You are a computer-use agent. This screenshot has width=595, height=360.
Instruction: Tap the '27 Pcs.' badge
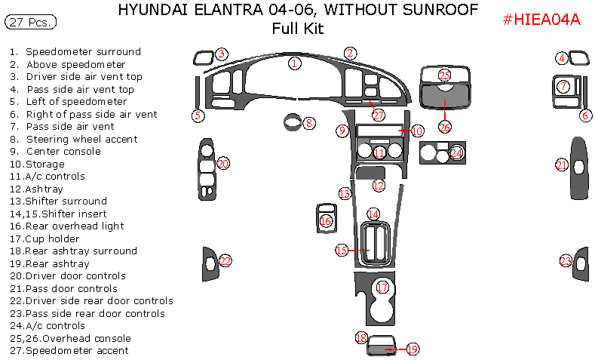click(30, 23)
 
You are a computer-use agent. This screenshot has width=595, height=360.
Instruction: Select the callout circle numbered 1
click(295, 63)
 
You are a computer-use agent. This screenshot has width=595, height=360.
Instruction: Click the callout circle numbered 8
click(309, 122)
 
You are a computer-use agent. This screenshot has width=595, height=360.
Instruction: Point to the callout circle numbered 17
click(382, 288)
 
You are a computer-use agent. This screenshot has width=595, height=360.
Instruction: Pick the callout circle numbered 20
click(222, 163)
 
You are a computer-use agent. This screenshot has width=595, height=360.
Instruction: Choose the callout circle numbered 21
click(561, 165)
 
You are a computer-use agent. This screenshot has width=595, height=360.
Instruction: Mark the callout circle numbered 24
click(456, 152)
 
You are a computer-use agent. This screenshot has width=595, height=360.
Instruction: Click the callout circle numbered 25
click(444, 75)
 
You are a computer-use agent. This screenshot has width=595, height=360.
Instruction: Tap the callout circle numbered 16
click(326, 221)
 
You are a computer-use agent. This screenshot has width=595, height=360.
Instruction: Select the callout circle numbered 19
click(412, 349)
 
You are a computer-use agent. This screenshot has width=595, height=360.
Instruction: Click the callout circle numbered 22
click(225, 261)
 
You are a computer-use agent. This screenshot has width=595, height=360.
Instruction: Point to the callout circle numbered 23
click(566, 261)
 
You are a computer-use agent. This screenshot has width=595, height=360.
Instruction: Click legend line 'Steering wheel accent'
click(81, 139)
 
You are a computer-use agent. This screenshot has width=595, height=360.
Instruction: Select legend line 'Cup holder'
click(63, 238)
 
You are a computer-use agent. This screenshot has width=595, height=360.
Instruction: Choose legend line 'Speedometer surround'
click(83, 52)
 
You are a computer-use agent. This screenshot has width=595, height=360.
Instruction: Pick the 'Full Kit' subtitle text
click(297, 29)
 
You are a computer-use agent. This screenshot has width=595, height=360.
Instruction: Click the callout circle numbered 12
click(379, 185)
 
